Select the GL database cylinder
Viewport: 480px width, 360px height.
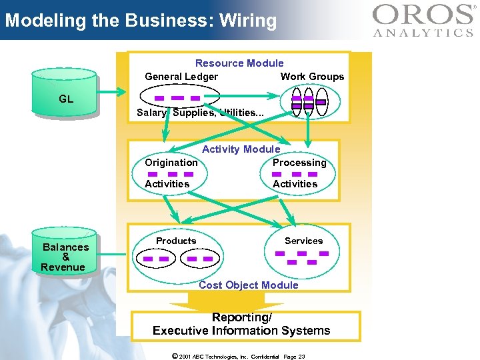[x=65, y=99]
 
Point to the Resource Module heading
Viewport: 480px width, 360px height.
[x=239, y=63]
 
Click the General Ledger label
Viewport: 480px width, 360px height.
[x=181, y=77]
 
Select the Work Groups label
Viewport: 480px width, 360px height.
[x=312, y=77]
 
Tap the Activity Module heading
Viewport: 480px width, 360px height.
[x=241, y=149]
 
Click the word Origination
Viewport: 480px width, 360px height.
[x=171, y=163]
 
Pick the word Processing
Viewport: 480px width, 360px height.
[x=299, y=163]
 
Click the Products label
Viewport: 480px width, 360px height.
[x=176, y=241]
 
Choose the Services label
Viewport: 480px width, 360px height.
[x=303, y=241]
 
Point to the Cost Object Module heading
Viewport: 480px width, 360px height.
[x=248, y=285]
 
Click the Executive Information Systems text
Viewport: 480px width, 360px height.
[x=241, y=331]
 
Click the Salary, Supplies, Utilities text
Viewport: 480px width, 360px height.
[x=200, y=113]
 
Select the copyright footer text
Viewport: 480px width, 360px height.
[x=238, y=357]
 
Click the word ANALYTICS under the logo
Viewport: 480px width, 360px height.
[x=423, y=32]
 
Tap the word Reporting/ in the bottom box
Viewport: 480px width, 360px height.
[x=241, y=318]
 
